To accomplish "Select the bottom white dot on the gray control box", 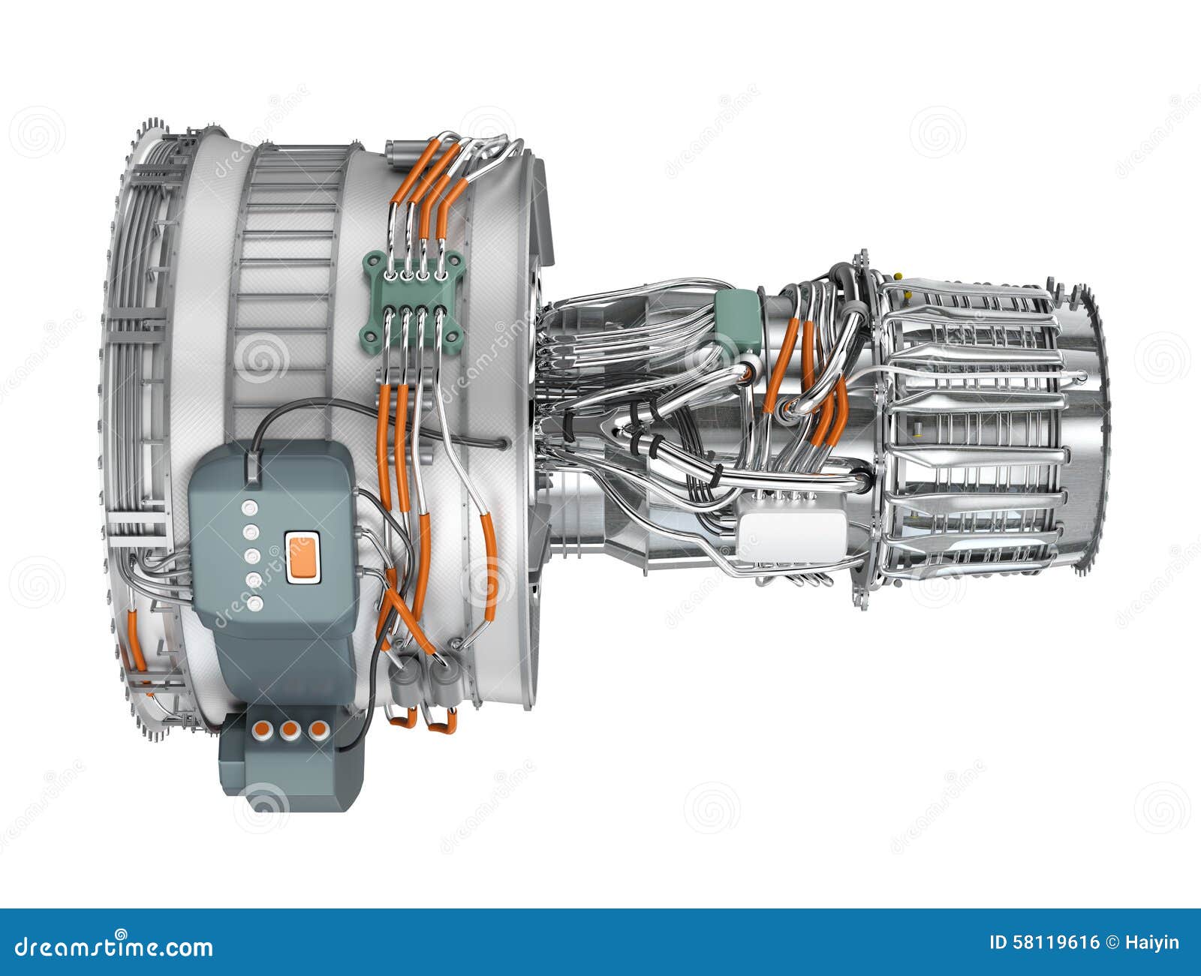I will coord(255,603).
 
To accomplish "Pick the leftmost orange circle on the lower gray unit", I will coord(262,729).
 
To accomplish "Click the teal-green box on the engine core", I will coord(738,319).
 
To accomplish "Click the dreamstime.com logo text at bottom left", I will coord(113,947).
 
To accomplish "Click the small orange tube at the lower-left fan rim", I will coord(137,641).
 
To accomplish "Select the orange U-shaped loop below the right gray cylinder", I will coord(441,722).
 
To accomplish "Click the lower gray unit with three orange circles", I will coord(289,761).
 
